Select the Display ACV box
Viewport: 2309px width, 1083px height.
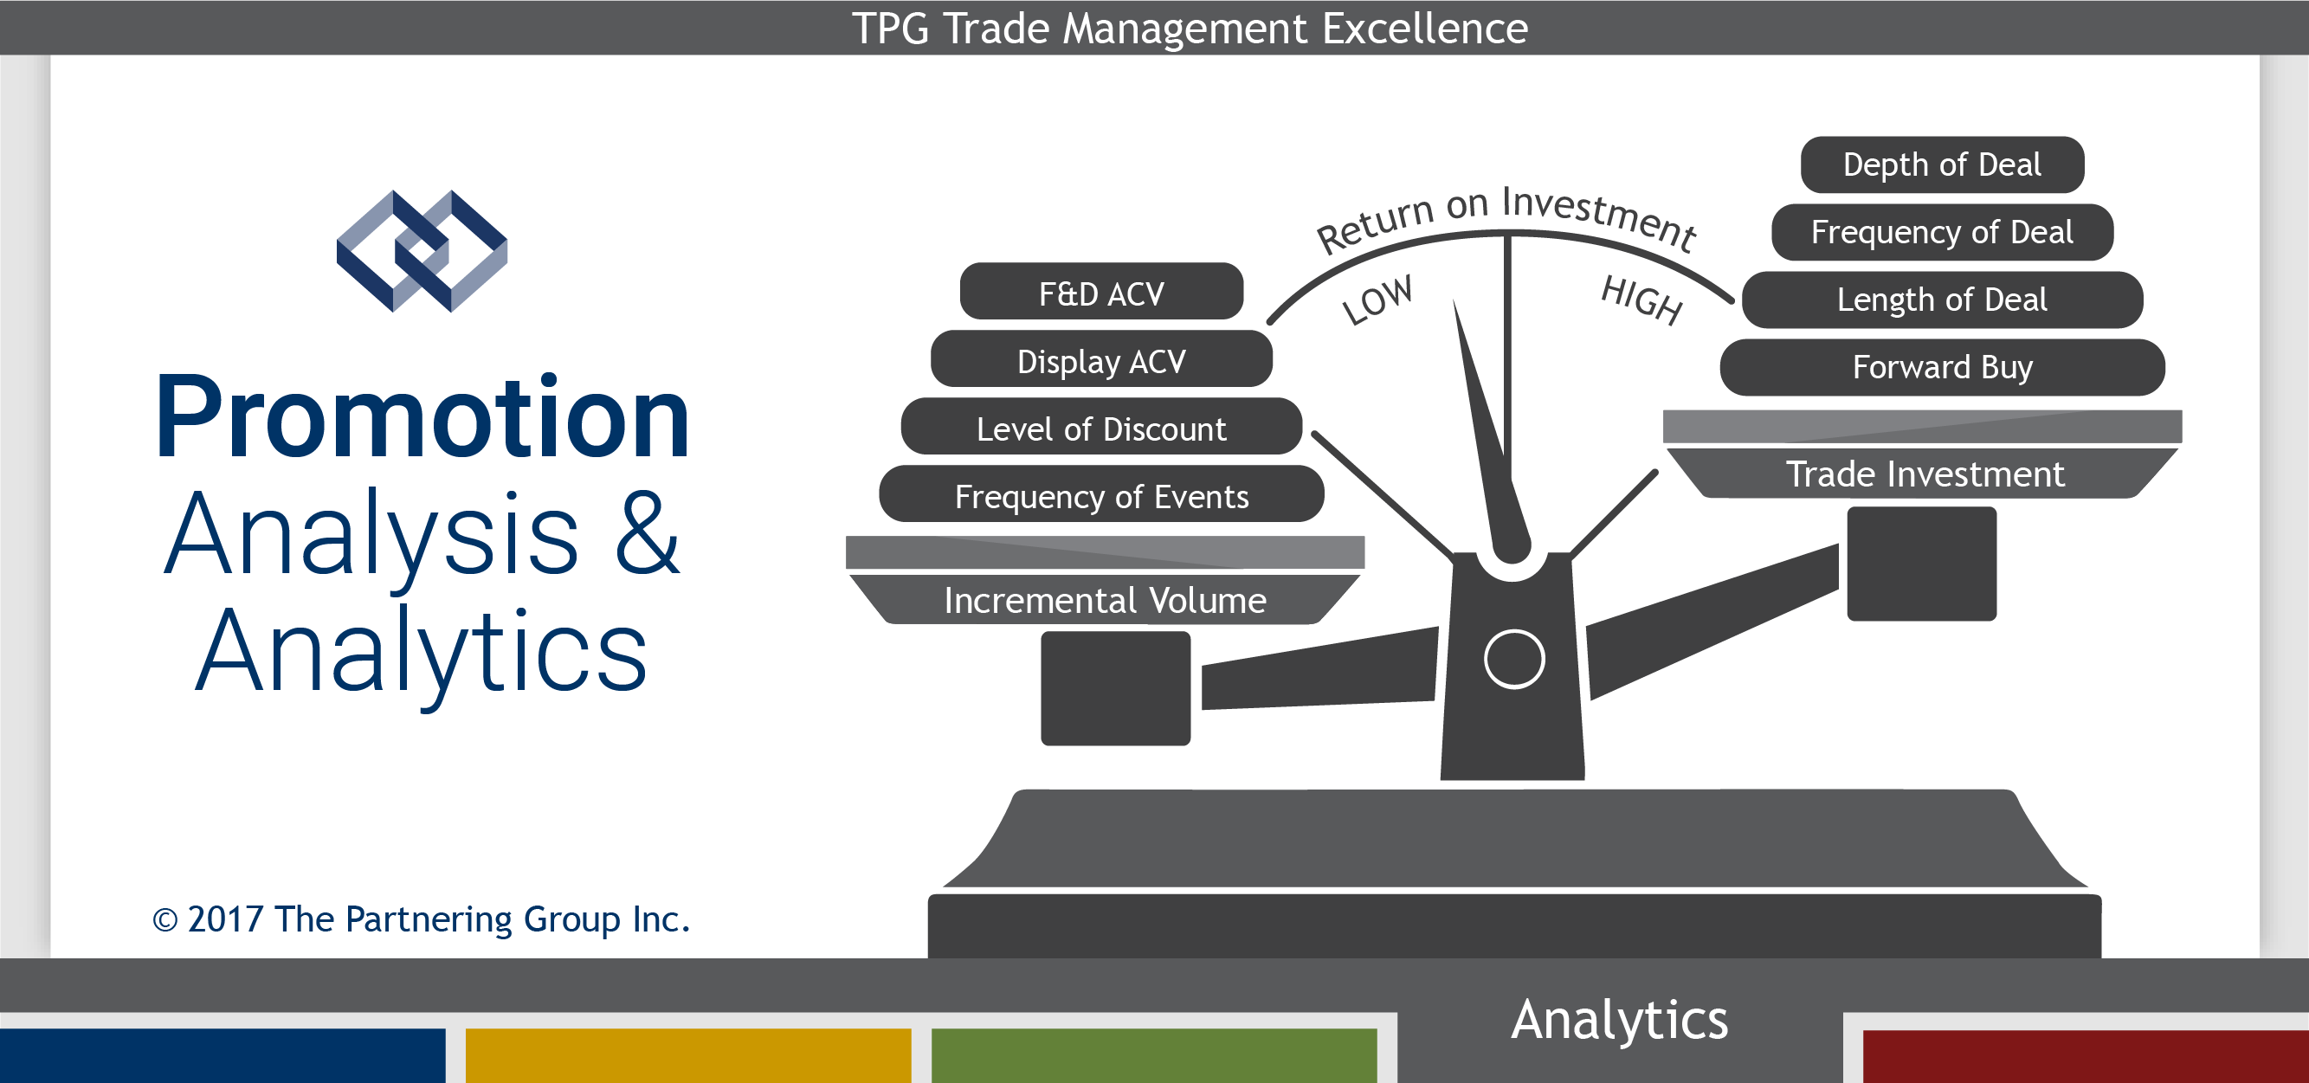click(1100, 358)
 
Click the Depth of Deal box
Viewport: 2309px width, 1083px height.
click(1942, 165)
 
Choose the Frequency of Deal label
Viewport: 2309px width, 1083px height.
click(1942, 232)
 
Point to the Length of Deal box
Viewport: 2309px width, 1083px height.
click(1942, 300)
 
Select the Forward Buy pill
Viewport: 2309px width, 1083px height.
click(1942, 367)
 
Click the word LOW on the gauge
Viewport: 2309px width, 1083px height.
click(1377, 300)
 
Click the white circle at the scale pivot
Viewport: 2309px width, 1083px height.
click(1514, 659)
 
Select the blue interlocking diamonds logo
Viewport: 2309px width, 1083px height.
click(422, 251)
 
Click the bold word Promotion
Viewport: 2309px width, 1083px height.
click(422, 417)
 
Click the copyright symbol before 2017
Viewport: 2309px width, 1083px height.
click(164, 920)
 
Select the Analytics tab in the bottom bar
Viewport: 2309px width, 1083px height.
click(1620, 1021)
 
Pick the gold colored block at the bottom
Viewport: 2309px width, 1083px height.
click(688, 1055)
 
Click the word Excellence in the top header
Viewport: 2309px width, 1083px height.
click(1425, 29)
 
